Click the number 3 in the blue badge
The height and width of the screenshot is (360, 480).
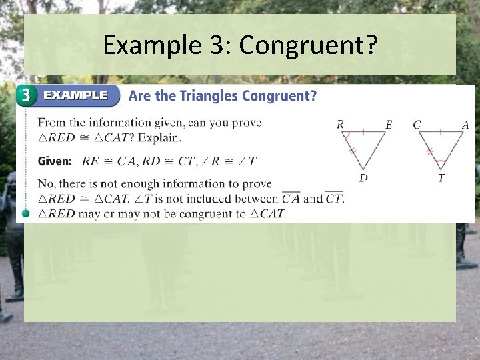pyautogui.click(x=26, y=95)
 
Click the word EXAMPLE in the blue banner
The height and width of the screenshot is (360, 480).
pyautogui.click(x=75, y=95)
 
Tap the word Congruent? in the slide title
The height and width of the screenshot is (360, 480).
pyautogui.click(x=308, y=45)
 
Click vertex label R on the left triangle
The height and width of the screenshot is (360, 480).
pyautogui.click(x=340, y=125)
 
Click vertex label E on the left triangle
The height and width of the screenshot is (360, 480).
pyautogui.click(x=389, y=125)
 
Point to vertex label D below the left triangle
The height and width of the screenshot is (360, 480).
pyautogui.click(x=363, y=178)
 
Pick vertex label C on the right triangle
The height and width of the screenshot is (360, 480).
pyautogui.click(x=417, y=125)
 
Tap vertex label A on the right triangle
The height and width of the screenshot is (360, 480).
pyautogui.click(x=465, y=125)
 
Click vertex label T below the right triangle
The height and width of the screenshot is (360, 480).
pyautogui.click(x=441, y=178)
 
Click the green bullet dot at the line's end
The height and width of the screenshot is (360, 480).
pyautogui.click(x=26, y=213)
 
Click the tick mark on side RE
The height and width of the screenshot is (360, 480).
pyautogui.click(x=363, y=131)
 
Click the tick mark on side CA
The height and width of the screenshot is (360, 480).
pyautogui.click(x=441, y=131)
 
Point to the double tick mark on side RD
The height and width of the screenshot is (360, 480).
pyautogui.click(x=353, y=152)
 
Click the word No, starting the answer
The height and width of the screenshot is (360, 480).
pyautogui.click(x=47, y=184)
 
